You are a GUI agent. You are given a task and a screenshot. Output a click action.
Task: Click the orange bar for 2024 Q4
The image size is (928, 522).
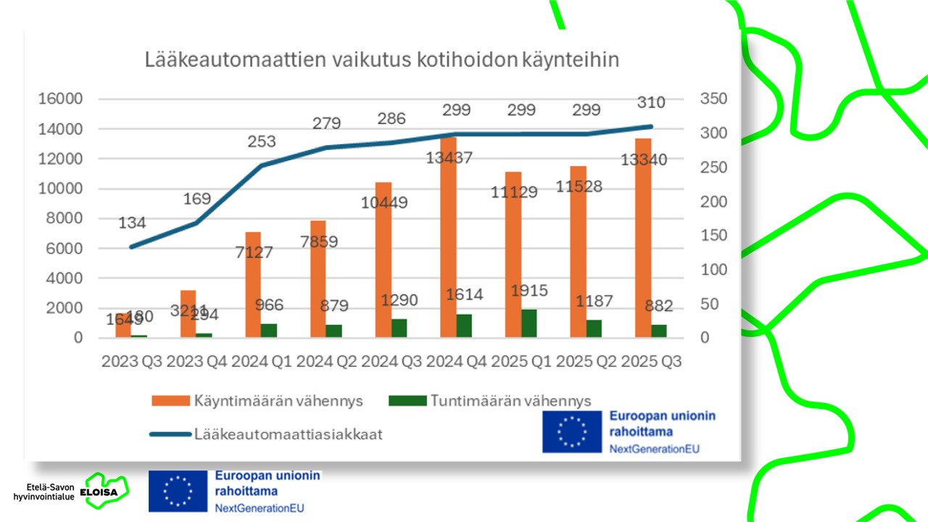click(x=449, y=239)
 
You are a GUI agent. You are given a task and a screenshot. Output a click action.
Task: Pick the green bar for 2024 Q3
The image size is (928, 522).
click(x=399, y=328)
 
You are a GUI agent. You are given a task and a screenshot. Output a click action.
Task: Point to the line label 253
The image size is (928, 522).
click(x=261, y=142)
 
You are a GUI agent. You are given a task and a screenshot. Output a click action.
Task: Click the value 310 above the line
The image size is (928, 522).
click(x=651, y=103)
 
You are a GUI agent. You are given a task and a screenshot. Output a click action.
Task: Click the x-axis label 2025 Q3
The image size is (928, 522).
click(x=651, y=361)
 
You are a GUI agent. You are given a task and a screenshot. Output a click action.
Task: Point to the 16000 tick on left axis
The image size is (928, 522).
click(x=60, y=99)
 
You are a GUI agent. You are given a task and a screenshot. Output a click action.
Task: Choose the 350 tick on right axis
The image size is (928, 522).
click(x=715, y=99)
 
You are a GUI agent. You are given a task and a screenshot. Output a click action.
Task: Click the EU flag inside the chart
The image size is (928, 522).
click(x=572, y=432)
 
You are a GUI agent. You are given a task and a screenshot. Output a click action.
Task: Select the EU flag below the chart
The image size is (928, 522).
click(x=178, y=491)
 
